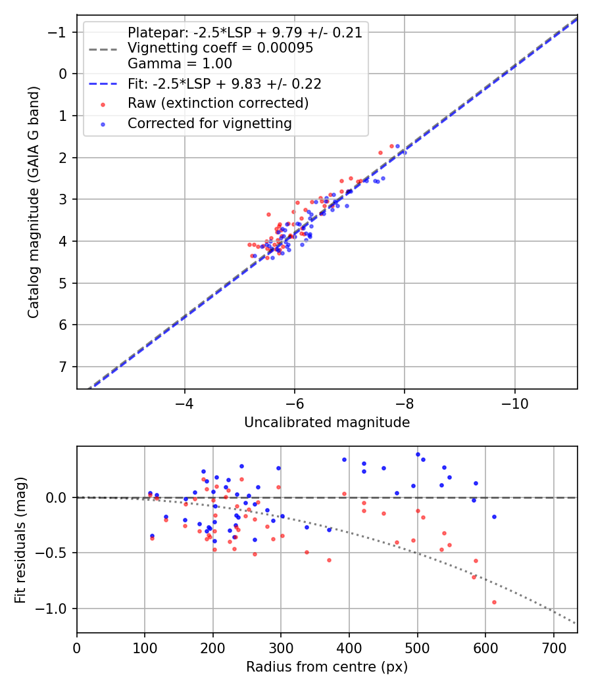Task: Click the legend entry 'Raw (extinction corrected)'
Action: click(x=218, y=103)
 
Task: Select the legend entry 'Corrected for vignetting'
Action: click(x=209, y=123)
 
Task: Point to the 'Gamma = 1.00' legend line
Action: click(x=180, y=64)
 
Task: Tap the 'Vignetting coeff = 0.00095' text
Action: click(x=220, y=48)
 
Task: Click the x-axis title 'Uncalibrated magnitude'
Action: click(x=327, y=423)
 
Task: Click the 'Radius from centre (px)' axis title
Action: click(x=327, y=667)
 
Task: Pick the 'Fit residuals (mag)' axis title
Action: click(x=21, y=540)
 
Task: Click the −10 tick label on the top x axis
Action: click(x=514, y=402)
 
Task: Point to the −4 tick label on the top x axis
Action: click(x=184, y=402)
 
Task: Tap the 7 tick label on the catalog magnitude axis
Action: click(x=63, y=367)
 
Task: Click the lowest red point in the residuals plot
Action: click(x=494, y=602)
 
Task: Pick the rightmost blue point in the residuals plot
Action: click(x=494, y=517)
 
